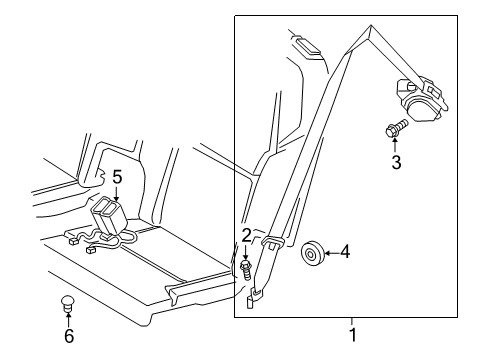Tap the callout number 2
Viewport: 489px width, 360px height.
pyautogui.click(x=244, y=235)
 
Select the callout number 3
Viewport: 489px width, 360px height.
pyautogui.click(x=396, y=162)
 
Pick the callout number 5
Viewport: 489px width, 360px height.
pyautogui.click(x=116, y=177)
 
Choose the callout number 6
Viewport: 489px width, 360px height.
pyautogui.click(x=68, y=338)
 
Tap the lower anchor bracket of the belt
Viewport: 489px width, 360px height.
pyautogui.click(x=256, y=294)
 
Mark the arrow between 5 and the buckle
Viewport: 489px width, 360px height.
pyautogui.click(x=116, y=194)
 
